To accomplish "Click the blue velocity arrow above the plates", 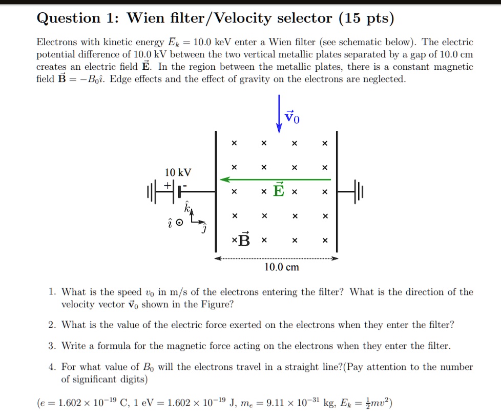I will click(x=279, y=113).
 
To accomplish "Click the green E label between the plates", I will click(x=278, y=190).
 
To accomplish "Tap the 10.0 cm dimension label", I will click(x=282, y=268).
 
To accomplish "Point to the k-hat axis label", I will click(x=187, y=208).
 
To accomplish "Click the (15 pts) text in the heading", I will click(x=366, y=19).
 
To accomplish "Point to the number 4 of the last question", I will click(x=51, y=367).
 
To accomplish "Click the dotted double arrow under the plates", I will click(x=277, y=259).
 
